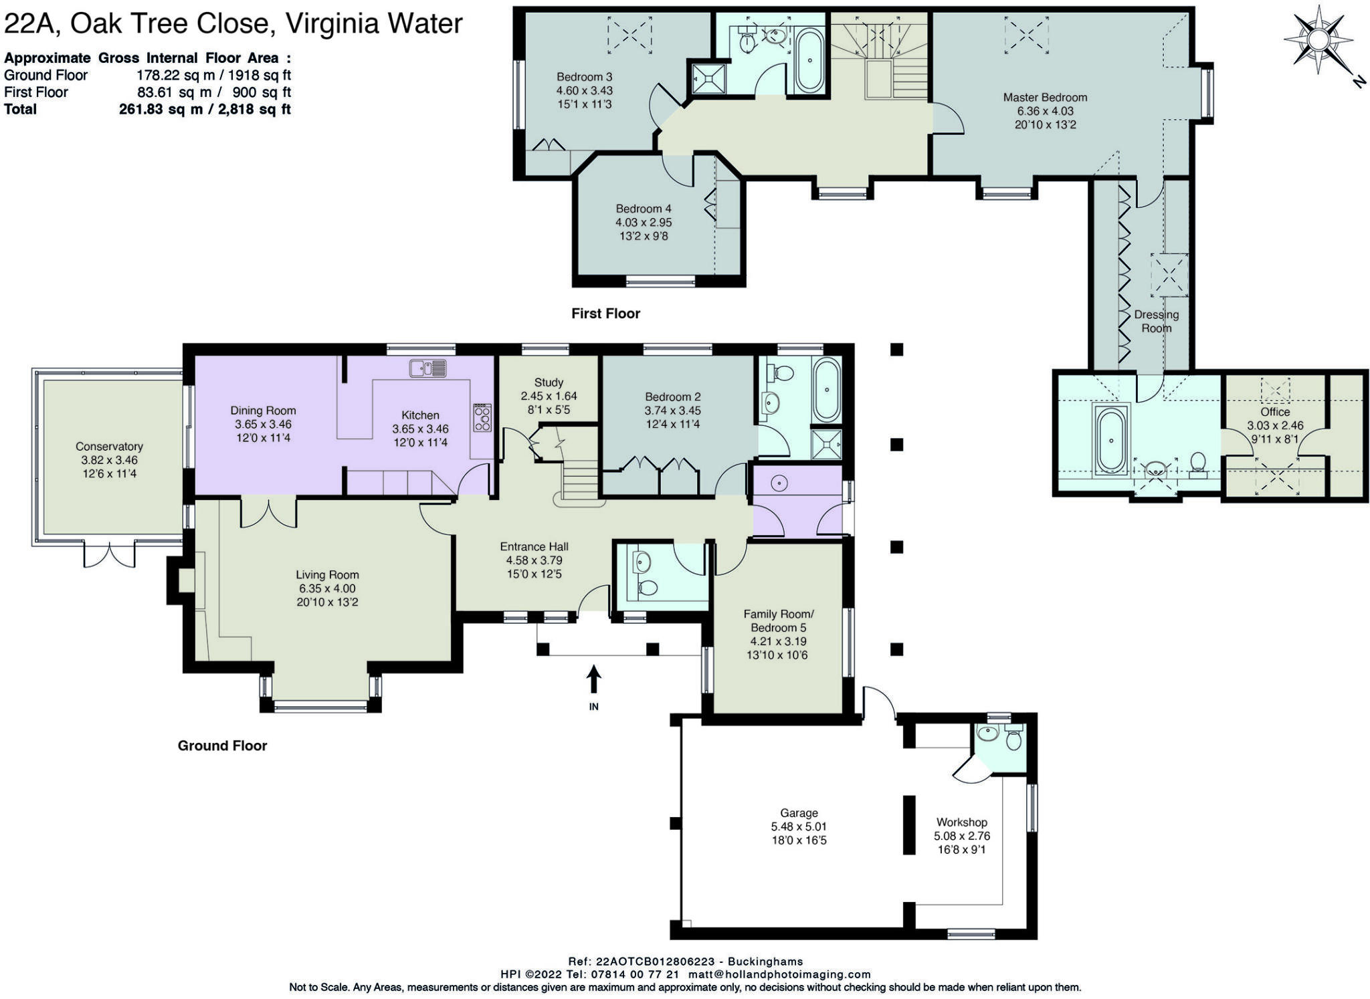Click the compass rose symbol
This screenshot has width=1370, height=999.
coord(1317,40)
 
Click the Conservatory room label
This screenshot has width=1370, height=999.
coord(109,446)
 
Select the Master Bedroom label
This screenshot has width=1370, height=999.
coord(1045,98)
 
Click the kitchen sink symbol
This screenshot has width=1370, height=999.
coord(428,368)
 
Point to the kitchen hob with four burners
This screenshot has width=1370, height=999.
coord(482,417)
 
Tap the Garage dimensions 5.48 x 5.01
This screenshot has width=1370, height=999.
coord(799,826)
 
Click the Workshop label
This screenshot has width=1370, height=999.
coord(961,822)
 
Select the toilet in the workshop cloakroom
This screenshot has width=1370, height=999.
coord(1014,739)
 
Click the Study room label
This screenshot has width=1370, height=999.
coord(549,382)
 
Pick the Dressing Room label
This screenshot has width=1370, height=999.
coord(1157,321)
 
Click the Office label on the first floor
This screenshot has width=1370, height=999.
coord(1275,412)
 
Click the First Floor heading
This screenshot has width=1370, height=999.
coord(605,314)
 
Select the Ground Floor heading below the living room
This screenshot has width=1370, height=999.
coord(222,746)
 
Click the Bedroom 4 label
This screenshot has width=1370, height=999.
coord(644,209)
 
